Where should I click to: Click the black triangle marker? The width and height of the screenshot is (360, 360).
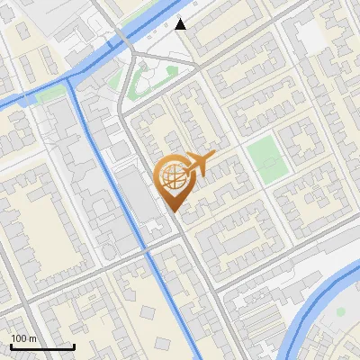[182, 24]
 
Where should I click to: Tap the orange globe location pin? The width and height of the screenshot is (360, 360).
[174, 179]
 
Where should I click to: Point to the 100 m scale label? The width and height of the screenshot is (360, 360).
[23, 338]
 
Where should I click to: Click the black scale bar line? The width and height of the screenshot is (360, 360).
[41, 346]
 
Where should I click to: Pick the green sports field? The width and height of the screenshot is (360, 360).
[266, 157]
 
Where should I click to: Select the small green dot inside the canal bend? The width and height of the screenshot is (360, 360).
[341, 311]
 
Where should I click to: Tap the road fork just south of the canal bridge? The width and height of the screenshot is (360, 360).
[132, 56]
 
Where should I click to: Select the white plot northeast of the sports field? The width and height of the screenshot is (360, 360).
[310, 36]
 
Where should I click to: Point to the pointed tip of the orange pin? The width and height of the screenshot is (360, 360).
[174, 211]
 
